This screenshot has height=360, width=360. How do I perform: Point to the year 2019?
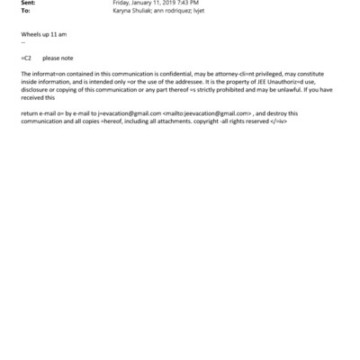(x=166, y=4)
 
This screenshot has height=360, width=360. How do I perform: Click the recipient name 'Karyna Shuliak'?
(x=131, y=12)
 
